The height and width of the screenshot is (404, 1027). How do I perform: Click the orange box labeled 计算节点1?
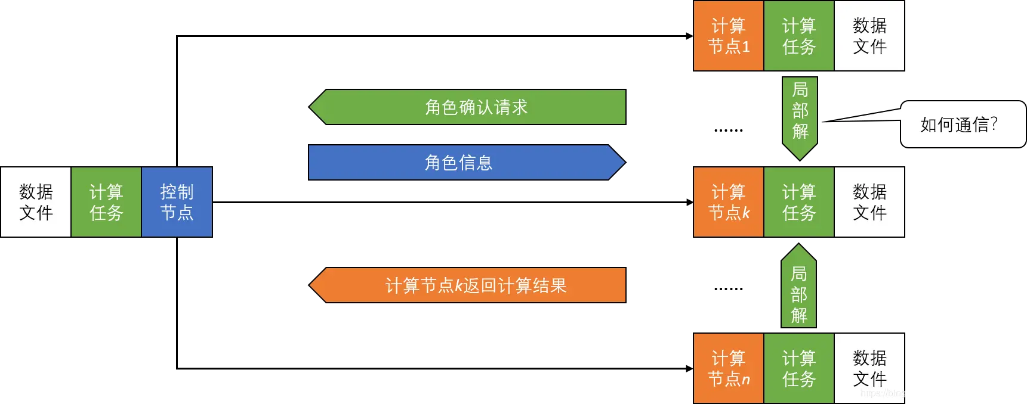(728, 36)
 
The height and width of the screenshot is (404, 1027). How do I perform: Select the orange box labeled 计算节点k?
(728, 202)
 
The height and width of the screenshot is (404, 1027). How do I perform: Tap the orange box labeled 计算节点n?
(728, 368)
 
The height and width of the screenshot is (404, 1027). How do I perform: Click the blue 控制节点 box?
(177, 202)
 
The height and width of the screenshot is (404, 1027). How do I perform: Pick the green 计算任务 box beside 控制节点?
(106, 202)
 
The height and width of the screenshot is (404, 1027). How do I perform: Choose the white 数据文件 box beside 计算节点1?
(869, 36)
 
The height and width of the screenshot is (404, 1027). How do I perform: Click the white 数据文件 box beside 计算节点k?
(869, 202)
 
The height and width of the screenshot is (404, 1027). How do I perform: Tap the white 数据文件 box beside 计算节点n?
(869, 368)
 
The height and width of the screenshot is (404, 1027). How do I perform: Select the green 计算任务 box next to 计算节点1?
(798, 36)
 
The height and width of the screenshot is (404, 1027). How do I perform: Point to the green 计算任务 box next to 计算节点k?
(798, 202)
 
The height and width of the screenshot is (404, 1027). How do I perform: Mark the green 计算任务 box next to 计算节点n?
(798, 368)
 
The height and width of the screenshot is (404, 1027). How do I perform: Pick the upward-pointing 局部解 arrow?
(798, 289)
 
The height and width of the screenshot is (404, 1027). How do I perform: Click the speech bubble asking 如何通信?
(962, 124)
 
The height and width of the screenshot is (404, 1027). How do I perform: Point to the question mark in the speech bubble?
(994, 123)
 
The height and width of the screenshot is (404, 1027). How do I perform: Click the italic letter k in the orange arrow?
(459, 286)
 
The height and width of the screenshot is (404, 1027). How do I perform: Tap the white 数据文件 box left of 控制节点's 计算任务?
(36, 202)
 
